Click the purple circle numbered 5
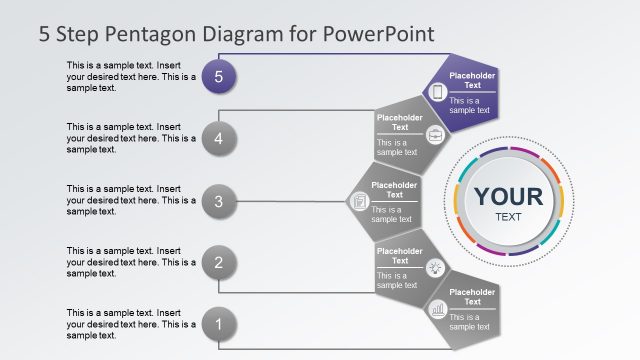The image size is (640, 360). [219, 76]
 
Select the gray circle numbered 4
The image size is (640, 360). [219, 139]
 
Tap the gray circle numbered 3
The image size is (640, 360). [219, 202]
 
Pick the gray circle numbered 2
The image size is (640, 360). [219, 263]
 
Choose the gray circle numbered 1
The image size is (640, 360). [219, 324]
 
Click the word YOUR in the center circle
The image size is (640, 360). [508, 196]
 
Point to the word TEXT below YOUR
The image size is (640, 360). [508, 217]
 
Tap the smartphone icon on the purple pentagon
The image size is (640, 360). [437, 92]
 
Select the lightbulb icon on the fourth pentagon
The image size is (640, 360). [435, 266]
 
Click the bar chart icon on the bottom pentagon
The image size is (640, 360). [437, 310]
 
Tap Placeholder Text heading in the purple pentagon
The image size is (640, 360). [471, 80]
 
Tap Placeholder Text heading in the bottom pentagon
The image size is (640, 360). [471, 296]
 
